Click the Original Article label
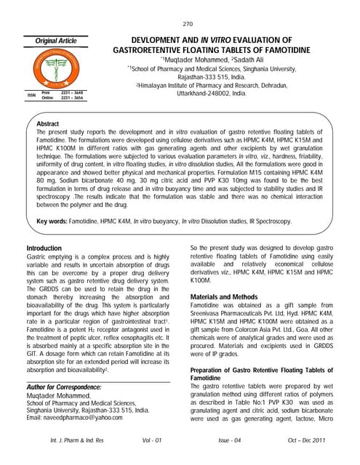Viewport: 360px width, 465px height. pos(52,41)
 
